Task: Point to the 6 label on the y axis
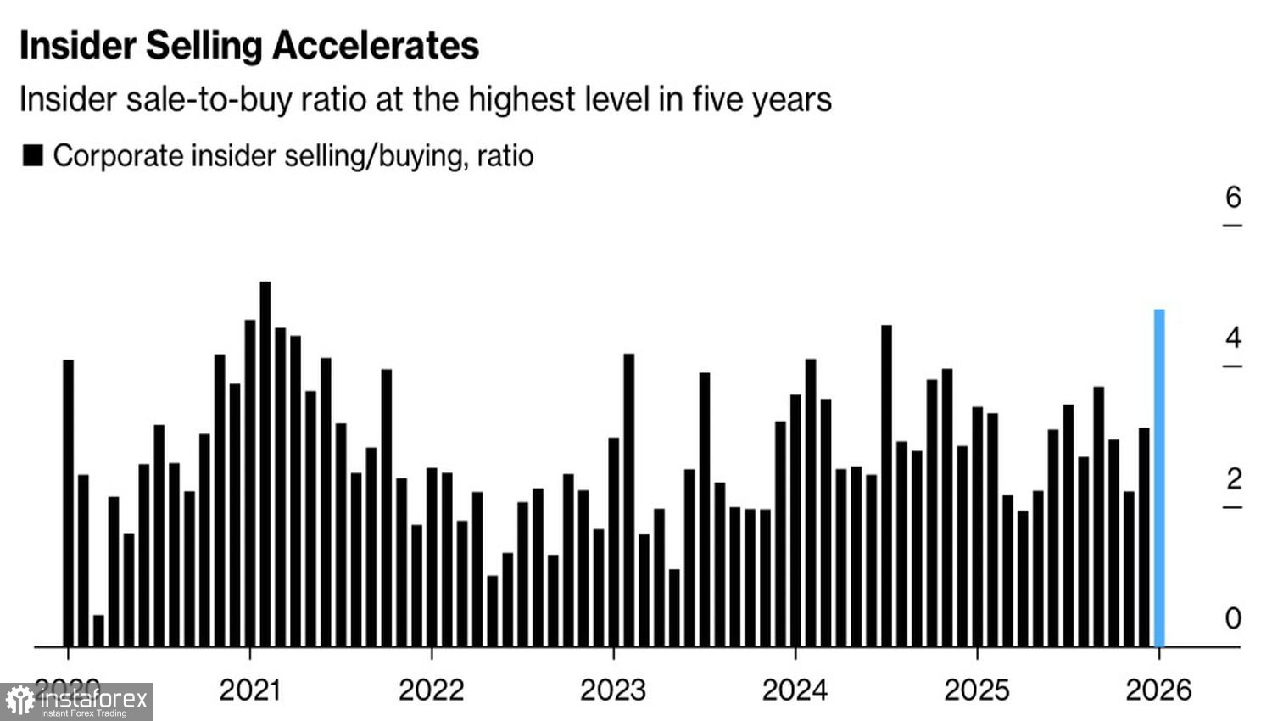tap(1233, 198)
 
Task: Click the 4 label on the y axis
tap(1233, 338)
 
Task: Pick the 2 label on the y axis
tap(1233, 479)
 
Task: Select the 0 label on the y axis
tap(1233, 618)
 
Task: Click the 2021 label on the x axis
tap(249, 690)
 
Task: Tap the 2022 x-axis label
tap(431, 690)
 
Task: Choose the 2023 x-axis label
tap(613, 690)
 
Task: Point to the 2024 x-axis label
tap(795, 690)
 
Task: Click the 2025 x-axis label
tap(977, 690)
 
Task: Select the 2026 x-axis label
tap(1158, 690)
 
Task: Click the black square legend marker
tap(33, 156)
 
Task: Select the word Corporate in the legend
tap(118, 156)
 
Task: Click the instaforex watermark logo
tap(76, 701)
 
